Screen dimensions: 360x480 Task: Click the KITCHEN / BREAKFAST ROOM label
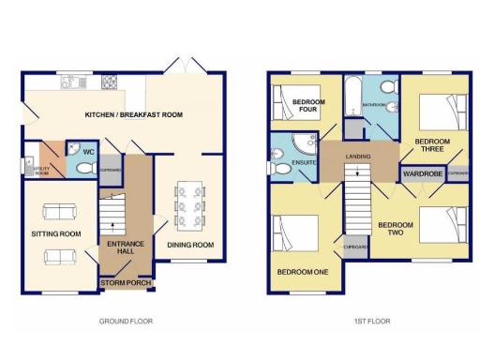133,115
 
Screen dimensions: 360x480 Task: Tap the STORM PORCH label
126,282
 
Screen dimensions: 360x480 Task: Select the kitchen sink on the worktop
70,83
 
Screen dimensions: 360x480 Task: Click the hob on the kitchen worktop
110,83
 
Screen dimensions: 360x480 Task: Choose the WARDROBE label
422,173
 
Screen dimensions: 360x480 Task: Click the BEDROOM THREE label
432,146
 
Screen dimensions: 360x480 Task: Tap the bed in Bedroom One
294,236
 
